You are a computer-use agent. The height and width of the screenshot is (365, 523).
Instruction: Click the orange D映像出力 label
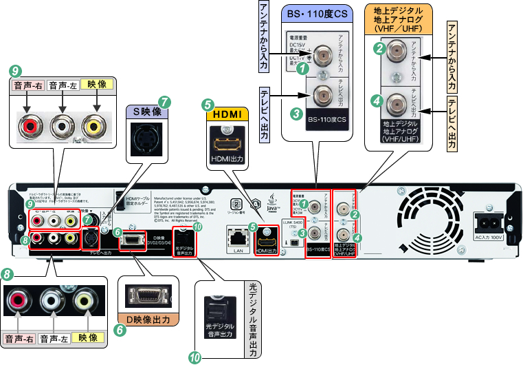148,320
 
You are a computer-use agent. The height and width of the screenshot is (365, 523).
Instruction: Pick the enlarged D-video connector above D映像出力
147,297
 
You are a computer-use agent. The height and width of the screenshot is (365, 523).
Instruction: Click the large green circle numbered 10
196,356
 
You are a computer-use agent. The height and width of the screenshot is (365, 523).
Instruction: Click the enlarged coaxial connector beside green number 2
395,51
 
